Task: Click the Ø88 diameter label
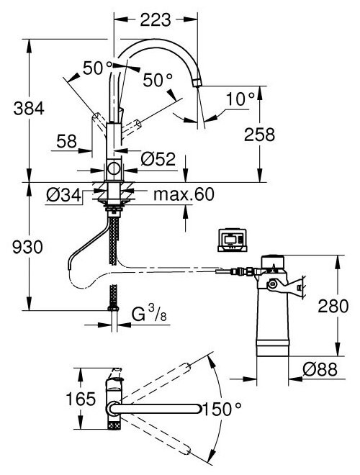pos(318,368)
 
